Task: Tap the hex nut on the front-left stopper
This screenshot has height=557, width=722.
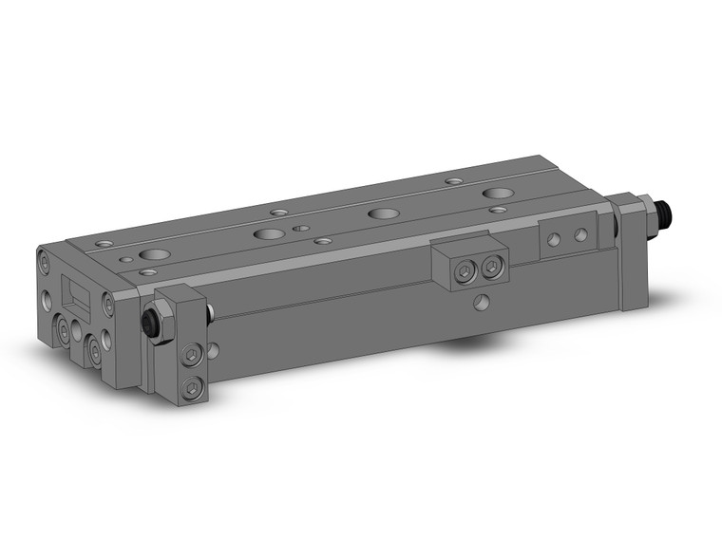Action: point(158,322)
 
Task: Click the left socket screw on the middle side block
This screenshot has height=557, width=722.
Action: point(464,272)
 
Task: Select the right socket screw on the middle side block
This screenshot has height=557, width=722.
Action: point(489,268)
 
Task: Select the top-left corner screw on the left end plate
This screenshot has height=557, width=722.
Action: point(44,256)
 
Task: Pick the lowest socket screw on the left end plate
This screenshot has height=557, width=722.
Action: point(95,352)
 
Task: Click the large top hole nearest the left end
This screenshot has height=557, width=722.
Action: point(152,255)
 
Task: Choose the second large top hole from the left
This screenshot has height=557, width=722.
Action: point(268,233)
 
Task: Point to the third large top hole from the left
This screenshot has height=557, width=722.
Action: point(382,214)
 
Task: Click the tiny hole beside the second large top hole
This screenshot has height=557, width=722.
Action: point(301,229)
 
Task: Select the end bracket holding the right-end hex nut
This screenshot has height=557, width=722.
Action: point(627,251)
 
